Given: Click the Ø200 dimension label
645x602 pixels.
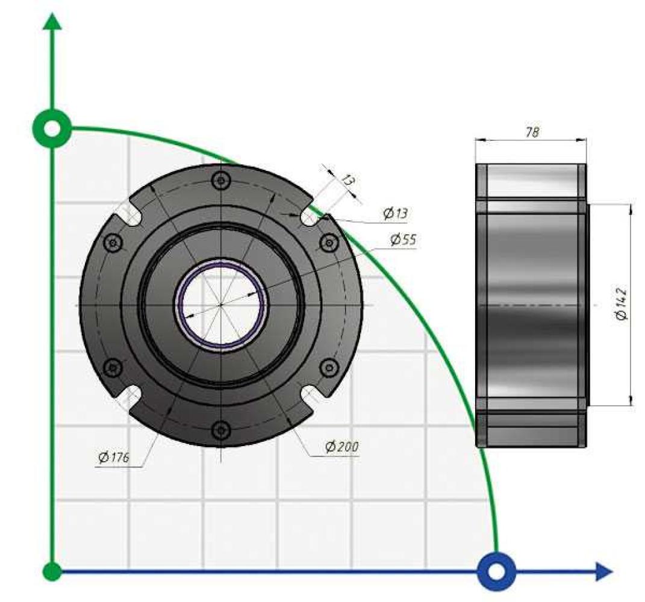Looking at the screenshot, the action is click(342, 446).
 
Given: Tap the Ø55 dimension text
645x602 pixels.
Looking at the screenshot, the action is click(404, 240).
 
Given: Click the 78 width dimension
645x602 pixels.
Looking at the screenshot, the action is click(532, 132).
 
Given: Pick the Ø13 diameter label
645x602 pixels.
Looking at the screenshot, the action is click(395, 213).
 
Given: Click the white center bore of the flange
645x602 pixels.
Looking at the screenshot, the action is click(221, 305).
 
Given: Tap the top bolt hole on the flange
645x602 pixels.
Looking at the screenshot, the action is click(221, 180).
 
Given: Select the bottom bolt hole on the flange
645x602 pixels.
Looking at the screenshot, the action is click(221, 430).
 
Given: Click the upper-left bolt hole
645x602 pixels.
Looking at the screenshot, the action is click(113, 243).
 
